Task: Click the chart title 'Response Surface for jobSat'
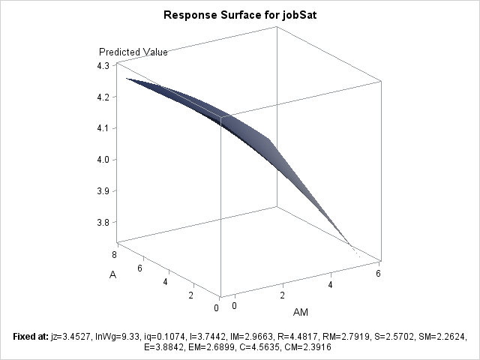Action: [240, 14]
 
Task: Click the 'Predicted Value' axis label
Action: [133, 52]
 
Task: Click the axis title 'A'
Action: [112, 275]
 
